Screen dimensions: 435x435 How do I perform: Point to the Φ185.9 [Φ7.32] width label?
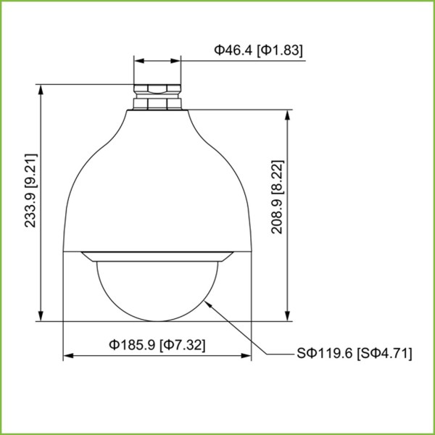[x=157, y=345]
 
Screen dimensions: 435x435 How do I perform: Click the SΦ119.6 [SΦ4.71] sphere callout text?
[x=354, y=354]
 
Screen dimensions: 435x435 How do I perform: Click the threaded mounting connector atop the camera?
[x=157, y=96]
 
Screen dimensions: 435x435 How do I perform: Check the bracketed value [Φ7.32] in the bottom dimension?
[x=182, y=345]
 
